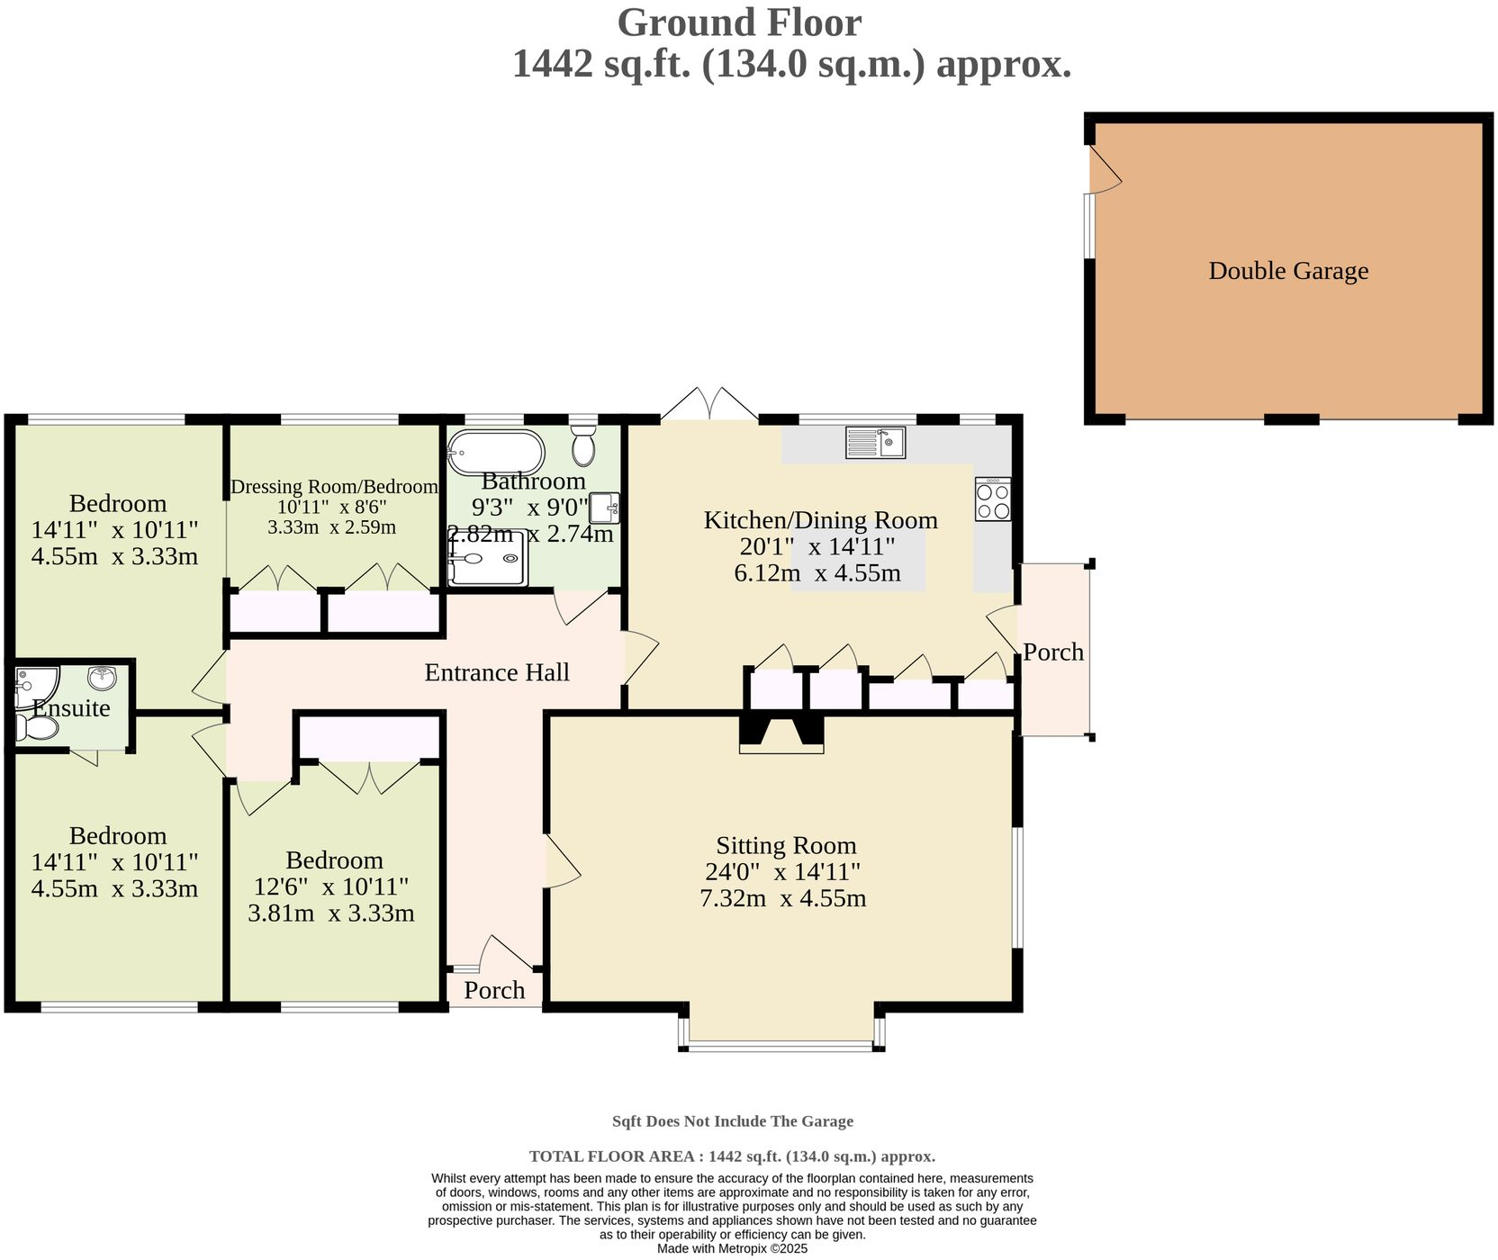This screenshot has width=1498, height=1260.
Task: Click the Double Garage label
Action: [1288, 271]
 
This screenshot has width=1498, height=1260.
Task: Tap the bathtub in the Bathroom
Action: [496, 453]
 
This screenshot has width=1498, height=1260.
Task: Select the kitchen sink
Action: [875, 442]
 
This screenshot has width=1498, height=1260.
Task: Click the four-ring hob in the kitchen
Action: [993, 499]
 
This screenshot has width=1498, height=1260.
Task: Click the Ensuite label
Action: [72, 708]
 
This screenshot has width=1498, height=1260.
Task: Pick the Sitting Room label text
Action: [786, 845]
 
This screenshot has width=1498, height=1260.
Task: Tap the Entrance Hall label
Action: [497, 672]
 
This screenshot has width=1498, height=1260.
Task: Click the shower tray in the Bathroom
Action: [487, 558]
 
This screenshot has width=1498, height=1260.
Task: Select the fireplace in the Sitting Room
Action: [781, 733]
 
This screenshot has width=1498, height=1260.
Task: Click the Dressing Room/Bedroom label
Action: [334, 487]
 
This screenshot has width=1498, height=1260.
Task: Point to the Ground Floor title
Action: [739, 22]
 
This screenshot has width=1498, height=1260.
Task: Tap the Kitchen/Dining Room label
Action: [820, 520]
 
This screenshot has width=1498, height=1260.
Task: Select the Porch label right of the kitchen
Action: [1053, 652]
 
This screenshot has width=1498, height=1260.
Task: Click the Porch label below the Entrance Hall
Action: [494, 990]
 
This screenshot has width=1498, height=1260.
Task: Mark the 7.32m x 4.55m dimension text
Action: [782, 898]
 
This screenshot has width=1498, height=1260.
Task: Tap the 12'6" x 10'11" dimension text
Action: [331, 887]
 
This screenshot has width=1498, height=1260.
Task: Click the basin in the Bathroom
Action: [605, 508]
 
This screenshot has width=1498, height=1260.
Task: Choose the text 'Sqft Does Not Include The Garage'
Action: [733, 1121]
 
